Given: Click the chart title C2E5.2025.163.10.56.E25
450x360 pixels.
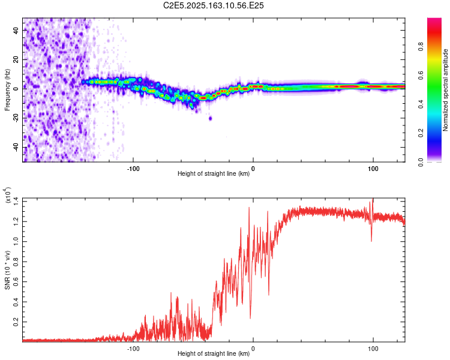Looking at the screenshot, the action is pos(213,5).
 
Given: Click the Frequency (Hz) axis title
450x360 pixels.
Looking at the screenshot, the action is pos(7,90).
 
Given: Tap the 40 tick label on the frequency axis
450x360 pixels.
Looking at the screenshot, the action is pos(16,30).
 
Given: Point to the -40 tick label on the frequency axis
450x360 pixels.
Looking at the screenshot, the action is pos(16,147).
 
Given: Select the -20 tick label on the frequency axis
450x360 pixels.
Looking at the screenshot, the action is pos(16,118).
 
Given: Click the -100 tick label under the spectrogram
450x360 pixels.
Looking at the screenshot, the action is pos(133,169).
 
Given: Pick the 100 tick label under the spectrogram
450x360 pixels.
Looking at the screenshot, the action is pos(373,169).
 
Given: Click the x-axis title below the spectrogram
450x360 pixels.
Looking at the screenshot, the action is pos(214,173).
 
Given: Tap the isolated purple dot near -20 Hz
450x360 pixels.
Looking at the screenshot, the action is pos(211,118).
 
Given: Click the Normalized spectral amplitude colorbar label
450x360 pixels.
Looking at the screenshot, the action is pos(445,90).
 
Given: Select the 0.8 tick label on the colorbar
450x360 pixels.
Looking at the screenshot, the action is pos(421,46).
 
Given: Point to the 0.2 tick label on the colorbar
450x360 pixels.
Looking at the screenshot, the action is pos(421,133).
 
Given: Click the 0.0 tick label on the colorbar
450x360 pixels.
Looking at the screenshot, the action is pos(421,162).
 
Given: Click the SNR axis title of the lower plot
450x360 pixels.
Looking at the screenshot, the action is pos(7,270).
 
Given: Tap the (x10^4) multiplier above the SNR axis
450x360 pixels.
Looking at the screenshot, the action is pos(7,195).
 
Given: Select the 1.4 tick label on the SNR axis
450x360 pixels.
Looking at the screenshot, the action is pos(16,201).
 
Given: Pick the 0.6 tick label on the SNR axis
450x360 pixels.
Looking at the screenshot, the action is pos(16,281).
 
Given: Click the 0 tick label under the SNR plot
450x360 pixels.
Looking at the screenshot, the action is pos(253,349).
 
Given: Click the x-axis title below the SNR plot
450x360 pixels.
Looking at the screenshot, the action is pos(214,353).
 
